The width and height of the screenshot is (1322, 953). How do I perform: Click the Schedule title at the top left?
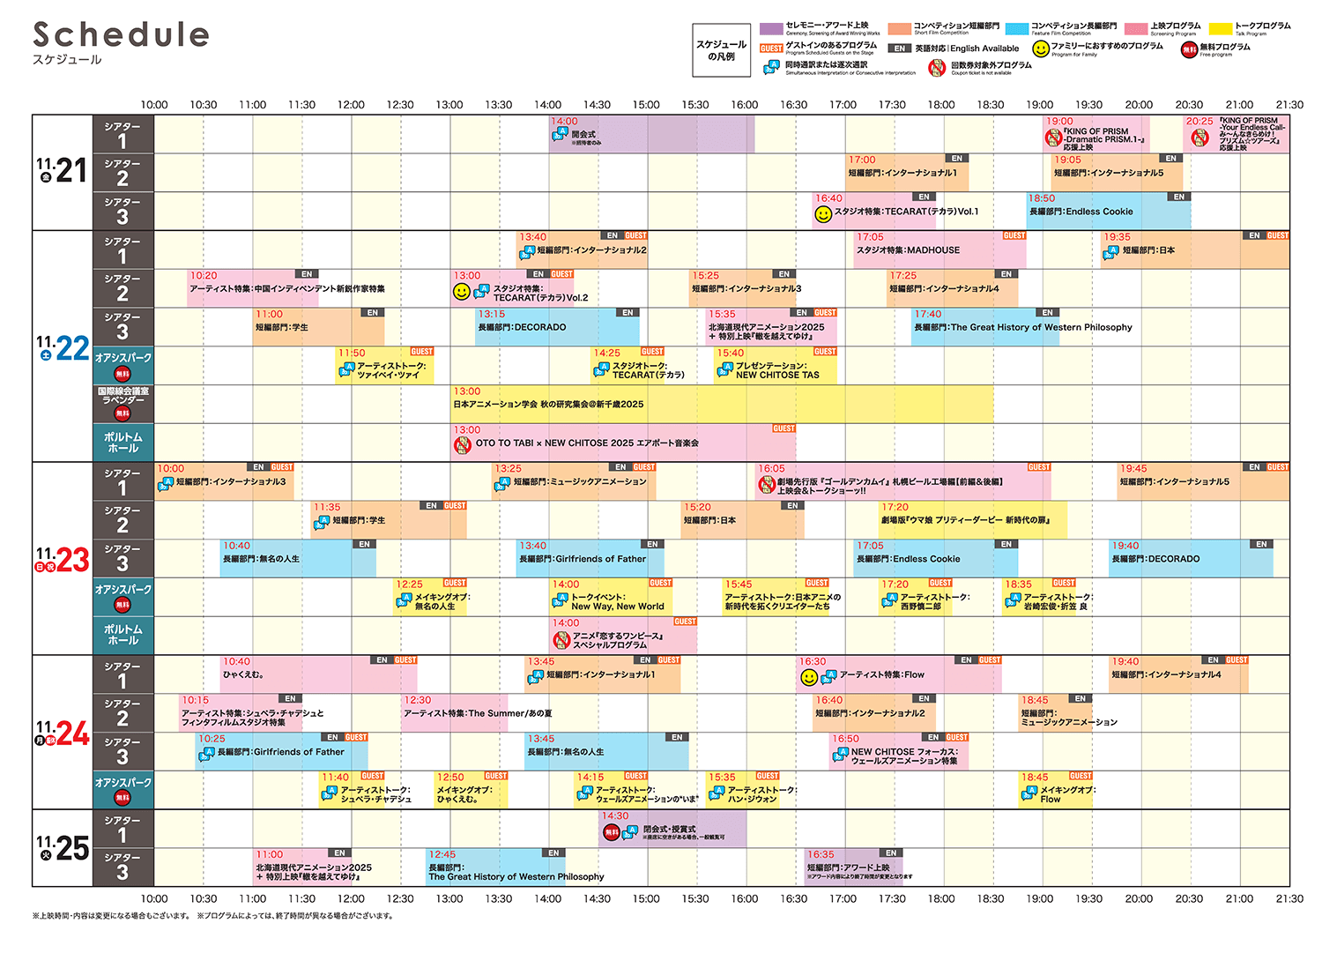(121, 35)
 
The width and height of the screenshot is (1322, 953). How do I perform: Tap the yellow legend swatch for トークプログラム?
(1220, 29)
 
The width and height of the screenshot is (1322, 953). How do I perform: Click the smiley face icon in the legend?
(1041, 49)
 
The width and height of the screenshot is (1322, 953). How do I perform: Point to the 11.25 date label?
(63, 848)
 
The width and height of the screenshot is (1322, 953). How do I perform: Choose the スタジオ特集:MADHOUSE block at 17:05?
(940, 250)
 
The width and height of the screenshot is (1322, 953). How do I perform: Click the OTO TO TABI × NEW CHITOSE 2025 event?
(624, 443)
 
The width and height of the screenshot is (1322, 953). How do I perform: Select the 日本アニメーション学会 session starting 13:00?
(723, 405)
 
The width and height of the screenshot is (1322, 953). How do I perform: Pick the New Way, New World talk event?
(612, 598)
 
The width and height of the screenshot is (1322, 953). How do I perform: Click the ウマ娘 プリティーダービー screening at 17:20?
(972, 520)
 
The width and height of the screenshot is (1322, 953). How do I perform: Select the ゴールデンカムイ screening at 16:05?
(902, 482)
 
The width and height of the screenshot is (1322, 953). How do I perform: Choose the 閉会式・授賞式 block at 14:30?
(672, 830)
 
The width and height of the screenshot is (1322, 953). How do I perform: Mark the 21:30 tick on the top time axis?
(1289, 105)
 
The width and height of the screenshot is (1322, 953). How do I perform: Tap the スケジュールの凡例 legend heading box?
(721, 50)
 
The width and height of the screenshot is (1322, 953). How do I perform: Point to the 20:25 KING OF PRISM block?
(1236, 134)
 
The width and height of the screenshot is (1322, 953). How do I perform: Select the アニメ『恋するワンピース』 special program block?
(624, 636)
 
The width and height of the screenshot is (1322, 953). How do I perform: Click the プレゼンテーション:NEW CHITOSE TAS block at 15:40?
(776, 366)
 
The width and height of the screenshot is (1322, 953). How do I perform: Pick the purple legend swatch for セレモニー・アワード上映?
(771, 29)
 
